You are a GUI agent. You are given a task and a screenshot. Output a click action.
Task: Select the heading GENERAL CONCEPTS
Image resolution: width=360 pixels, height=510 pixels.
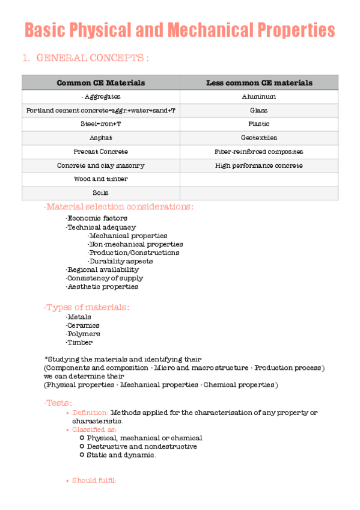(x=93, y=58)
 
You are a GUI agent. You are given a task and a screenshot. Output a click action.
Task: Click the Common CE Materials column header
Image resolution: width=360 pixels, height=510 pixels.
(x=100, y=83)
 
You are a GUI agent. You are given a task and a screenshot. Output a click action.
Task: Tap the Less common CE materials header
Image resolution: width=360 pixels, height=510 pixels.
(x=259, y=83)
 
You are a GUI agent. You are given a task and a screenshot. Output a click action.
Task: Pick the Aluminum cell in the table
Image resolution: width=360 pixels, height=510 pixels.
(x=259, y=97)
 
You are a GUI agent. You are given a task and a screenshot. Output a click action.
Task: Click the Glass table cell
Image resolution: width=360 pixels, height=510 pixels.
(x=259, y=111)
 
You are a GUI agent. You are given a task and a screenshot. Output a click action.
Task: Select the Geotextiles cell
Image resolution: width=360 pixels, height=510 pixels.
(x=259, y=138)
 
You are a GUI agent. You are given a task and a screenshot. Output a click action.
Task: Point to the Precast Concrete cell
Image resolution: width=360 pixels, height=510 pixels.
(x=100, y=152)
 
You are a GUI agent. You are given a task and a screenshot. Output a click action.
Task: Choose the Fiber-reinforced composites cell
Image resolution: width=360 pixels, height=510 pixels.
(x=259, y=152)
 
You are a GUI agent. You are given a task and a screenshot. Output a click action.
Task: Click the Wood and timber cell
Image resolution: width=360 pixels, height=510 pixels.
(x=100, y=179)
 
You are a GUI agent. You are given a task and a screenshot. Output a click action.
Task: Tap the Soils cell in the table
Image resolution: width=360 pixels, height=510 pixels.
(x=100, y=193)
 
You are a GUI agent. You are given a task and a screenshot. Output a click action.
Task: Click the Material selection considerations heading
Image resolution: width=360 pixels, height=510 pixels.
(x=119, y=207)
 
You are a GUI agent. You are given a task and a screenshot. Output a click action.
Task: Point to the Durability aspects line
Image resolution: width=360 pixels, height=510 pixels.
(x=120, y=262)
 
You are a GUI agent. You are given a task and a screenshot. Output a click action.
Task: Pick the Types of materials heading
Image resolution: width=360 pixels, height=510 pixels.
(x=87, y=307)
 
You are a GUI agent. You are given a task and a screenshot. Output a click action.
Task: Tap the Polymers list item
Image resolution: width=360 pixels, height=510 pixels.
(x=83, y=334)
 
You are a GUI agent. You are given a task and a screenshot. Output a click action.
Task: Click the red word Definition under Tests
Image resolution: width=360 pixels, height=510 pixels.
(x=90, y=413)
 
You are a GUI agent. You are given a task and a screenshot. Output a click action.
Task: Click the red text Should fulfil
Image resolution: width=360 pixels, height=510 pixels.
(x=94, y=481)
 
